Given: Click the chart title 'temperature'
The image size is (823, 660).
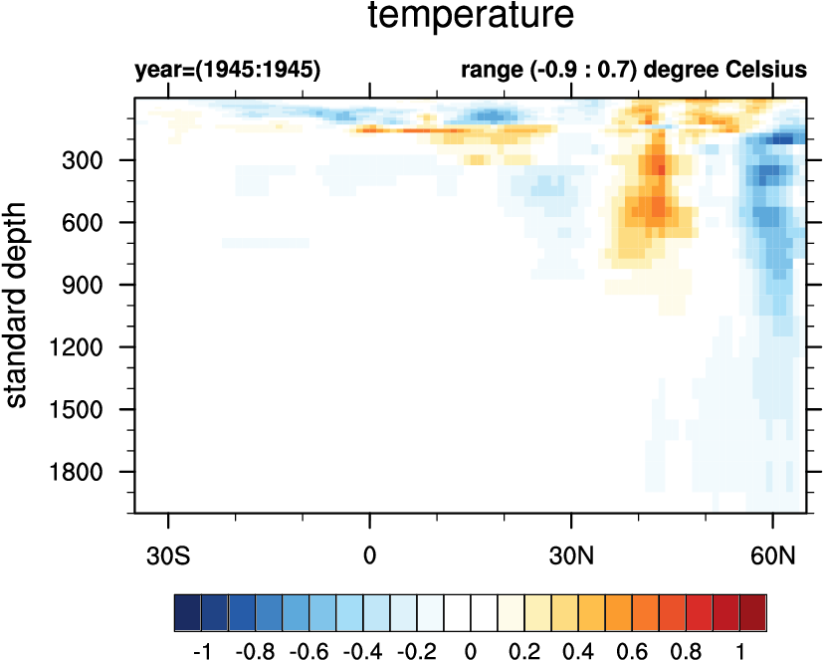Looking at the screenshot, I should [470, 16].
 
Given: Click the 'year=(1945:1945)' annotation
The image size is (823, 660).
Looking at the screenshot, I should [227, 71].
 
